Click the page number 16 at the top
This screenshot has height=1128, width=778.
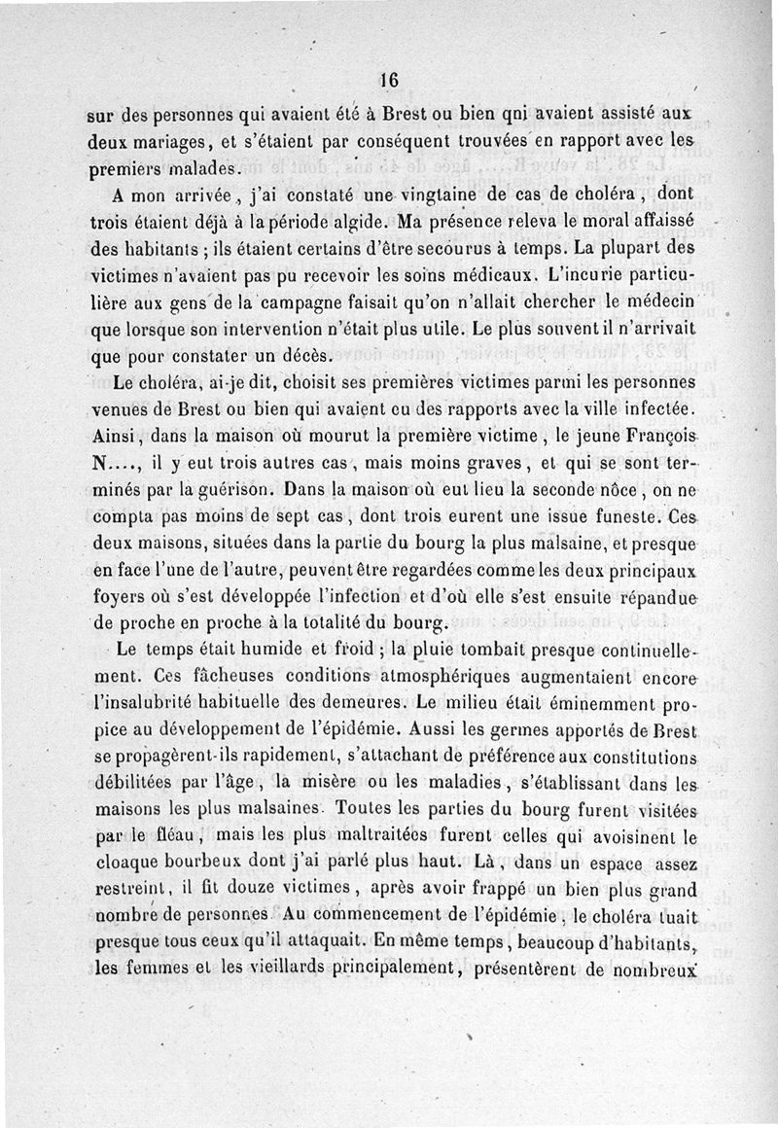pos(390,80)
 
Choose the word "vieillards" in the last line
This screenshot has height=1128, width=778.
pos(302,969)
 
